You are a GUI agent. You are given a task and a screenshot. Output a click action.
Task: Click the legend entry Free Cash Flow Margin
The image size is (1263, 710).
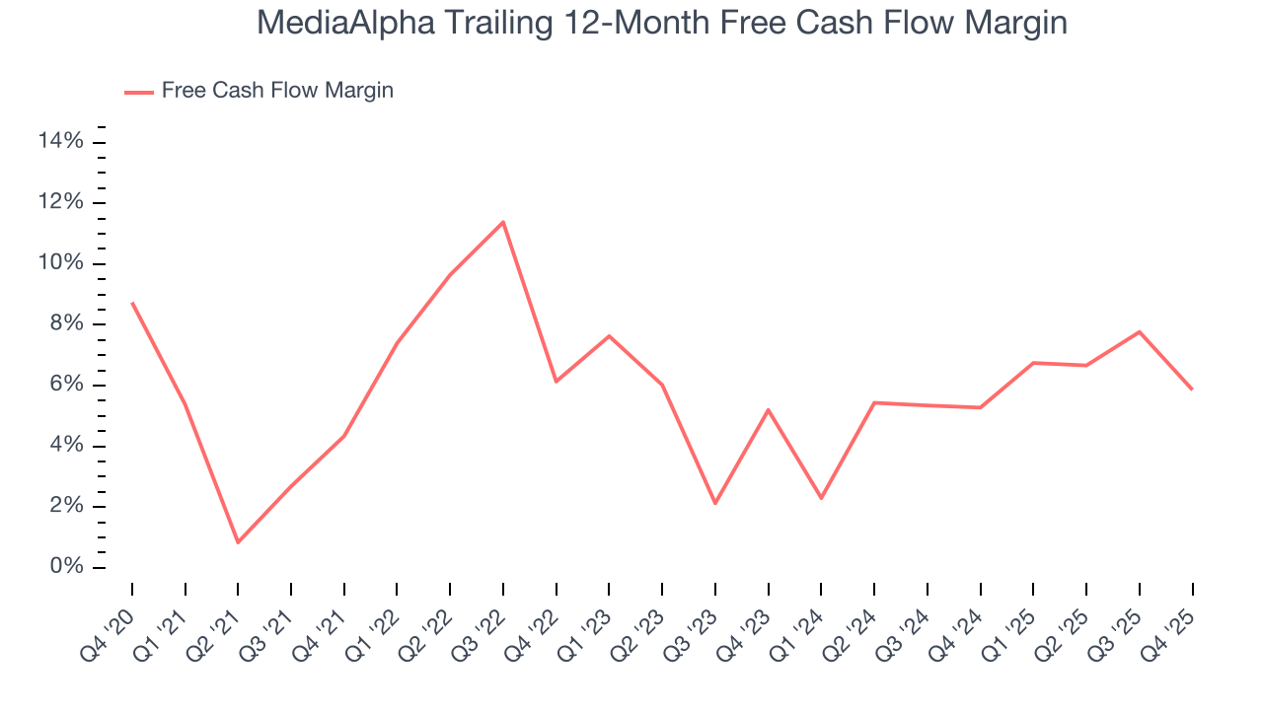(x=277, y=91)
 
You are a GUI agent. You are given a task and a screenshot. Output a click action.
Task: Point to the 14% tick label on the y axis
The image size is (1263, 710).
(x=60, y=142)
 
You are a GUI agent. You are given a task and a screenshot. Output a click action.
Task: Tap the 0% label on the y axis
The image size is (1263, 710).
(x=65, y=568)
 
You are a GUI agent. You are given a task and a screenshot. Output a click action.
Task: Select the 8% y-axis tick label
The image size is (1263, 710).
(x=65, y=324)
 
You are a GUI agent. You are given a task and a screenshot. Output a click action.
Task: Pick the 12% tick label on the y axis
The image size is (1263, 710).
(x=60, y=203)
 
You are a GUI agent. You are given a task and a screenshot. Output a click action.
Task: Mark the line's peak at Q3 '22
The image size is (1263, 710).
(x=503, y=222)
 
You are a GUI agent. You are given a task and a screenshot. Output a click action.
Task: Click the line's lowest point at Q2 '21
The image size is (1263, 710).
(x=238, y=542)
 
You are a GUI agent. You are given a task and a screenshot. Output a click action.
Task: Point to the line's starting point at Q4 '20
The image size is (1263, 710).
(x=132, y=303)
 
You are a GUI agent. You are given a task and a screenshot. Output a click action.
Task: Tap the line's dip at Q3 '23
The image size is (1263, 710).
(x=715, y=504)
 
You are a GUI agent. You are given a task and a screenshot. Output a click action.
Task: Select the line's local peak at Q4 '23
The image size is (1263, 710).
(x=768, y=409)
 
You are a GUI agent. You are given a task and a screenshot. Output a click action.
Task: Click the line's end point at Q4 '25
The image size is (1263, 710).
(x=1192, y=390)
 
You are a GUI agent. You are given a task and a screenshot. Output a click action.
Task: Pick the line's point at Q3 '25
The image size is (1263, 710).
(x=1139, y=331)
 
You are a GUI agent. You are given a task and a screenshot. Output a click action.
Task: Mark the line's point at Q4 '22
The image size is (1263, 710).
(x=557, y=382)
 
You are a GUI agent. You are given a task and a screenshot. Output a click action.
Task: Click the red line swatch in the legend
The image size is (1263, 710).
(x=138, y=92)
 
